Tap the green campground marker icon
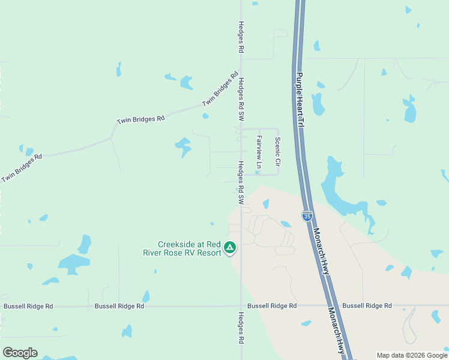(x=229, y=247)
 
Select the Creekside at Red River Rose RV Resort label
(x=189, y=248)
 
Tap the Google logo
(x=20, y=353)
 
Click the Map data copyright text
(x=411, y=355)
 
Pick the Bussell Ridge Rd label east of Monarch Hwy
(x=367, y=306)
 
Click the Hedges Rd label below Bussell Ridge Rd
(x=241, y=328)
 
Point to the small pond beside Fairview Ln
(x=257, y=173)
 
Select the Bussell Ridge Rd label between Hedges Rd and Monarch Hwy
(x=272, y=306)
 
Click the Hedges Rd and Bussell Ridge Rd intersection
(x=241, y=305)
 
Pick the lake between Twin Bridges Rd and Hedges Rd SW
(x=182, y=146)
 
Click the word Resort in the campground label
(x=209, y=253)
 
